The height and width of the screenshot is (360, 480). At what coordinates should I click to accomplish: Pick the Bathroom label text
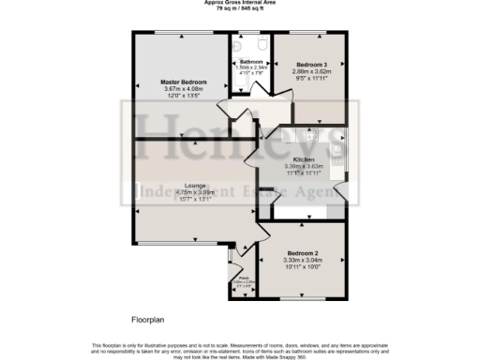point(249,61)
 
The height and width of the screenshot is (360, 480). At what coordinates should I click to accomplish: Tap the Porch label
point(242,277)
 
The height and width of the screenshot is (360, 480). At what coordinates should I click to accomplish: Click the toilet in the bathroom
point(262,44)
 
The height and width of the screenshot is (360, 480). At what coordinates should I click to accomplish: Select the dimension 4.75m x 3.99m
point(168,192)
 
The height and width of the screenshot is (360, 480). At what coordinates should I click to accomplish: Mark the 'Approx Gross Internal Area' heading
point(239,3)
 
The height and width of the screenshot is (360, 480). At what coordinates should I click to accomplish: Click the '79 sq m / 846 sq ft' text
point(239,8)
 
